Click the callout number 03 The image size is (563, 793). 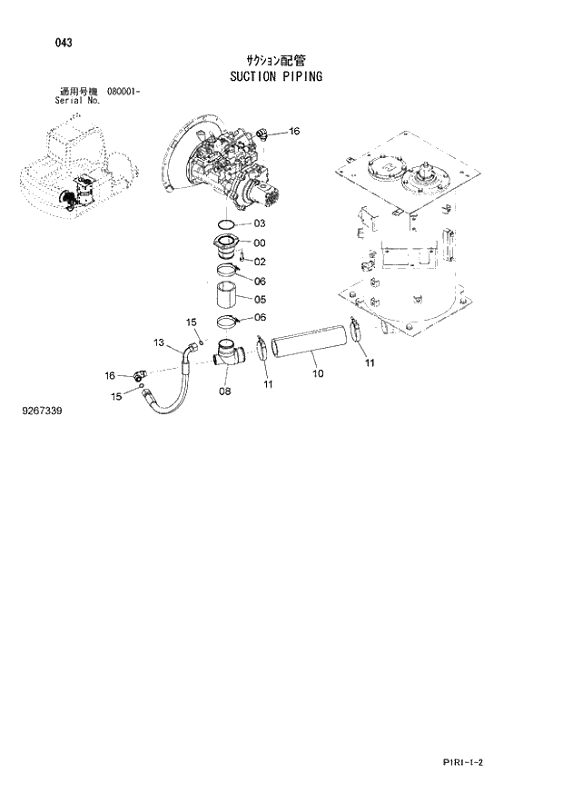pyautogui.click(x=259, y=223)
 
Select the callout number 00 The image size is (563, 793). pyautogui.click(x=259, y=243)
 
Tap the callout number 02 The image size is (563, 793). pyautogui.click(x=259, y=262)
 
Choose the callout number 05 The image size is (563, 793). pyautogui.click(x=259, y=299)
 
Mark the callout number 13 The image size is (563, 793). pyautogui.click(x=160, y=342)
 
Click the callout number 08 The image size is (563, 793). pyautogui.click(x=224, y=392)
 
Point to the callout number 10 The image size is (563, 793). pyautogui.click(x=315, y=372)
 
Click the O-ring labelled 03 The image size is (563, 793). pyautogui.click(x=229, y=223)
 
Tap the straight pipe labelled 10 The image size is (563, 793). pyautogui.click(x=309, y=344)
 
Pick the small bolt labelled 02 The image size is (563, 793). pyautogui.click(x=242, y=260)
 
